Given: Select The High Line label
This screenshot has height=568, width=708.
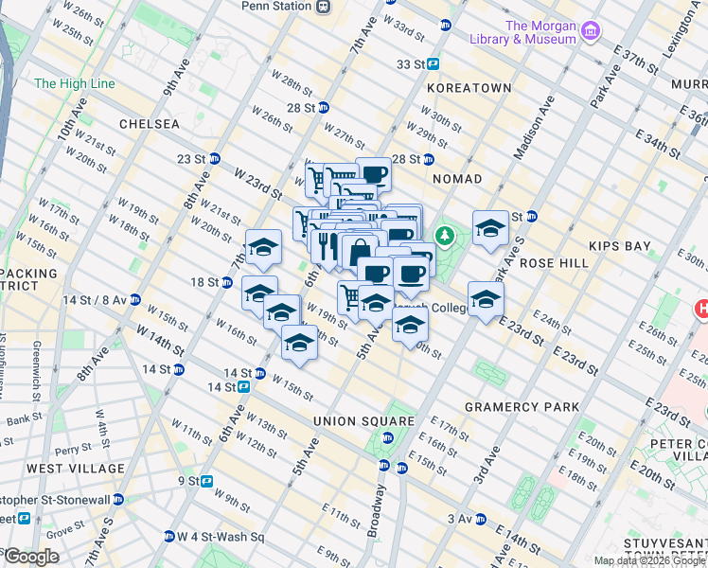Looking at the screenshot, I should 75,84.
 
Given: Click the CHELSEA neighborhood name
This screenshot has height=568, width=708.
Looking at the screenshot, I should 150,124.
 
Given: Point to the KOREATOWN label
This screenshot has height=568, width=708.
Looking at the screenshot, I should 469,87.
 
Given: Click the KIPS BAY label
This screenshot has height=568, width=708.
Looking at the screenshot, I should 619,246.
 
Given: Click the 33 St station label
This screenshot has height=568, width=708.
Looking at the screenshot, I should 411,64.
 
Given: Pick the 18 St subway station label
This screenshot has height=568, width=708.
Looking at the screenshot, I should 204,282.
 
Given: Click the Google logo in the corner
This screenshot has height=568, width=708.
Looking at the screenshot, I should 30,557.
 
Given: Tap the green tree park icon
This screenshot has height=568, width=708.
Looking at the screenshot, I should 443,234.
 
